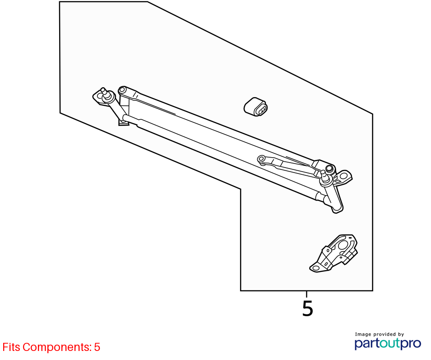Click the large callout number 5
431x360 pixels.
[x=308, y=309]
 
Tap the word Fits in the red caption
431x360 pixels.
[x=11, y=347]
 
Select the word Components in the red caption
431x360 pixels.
[x=57, y=347]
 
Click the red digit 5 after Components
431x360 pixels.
[x=97, y=347]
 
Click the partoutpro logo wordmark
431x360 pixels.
[x=388, y=344]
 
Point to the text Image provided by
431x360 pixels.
[x=379, y=334]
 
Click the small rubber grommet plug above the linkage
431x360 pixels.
[x=255, y=107]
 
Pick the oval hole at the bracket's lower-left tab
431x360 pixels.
[x=316, y=268]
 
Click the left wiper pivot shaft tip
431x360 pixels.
[x=103, y=89]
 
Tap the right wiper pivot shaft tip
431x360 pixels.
[x=323, y=173]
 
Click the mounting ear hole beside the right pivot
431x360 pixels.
[x=344, y=176]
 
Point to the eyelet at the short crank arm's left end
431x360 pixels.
[x=261, y=159]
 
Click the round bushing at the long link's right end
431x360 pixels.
[x=329, y=168]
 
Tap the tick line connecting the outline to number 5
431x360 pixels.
[x=307, y=294]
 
